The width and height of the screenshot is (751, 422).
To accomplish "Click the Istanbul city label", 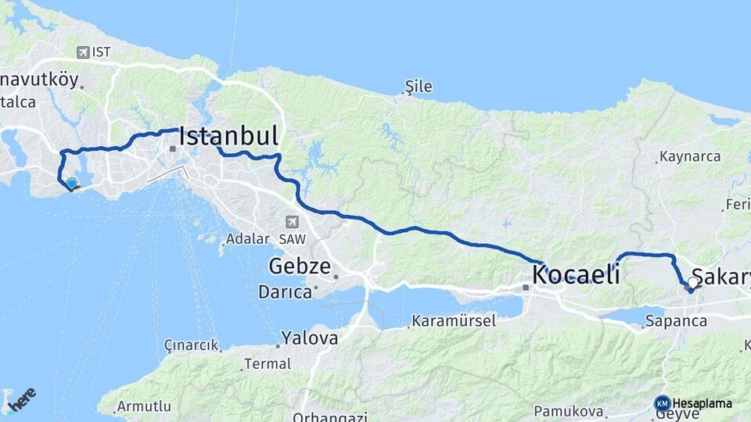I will point(228,137).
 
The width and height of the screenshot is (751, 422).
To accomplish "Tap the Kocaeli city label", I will point(576,275).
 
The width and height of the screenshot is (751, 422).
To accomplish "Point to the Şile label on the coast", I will point(418,87).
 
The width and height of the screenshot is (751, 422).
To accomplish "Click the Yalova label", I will point(310,338).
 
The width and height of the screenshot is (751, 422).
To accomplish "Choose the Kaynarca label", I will point(689,156).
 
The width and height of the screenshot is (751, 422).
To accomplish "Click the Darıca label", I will point(286,292).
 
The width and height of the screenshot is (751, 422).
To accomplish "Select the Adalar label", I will point(246,239).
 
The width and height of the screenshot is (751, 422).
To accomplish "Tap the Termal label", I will point(267,363).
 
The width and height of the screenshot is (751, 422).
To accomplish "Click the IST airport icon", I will point(83,52).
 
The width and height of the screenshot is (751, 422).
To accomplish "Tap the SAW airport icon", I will point(293,222).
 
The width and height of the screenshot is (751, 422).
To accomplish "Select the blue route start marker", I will point(71,184).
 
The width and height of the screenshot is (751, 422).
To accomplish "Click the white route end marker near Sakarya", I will point(693,283).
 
